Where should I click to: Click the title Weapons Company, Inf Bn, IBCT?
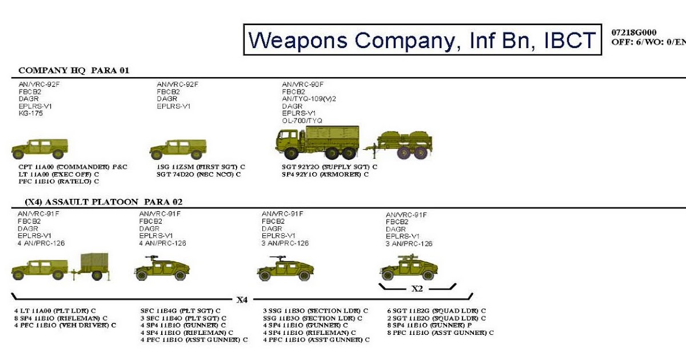(422, 40)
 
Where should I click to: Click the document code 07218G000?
(634, 33)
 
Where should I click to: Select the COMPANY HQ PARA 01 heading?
(74, 71)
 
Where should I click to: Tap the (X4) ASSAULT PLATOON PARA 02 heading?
(103, 202)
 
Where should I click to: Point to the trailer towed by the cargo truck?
(402, 145)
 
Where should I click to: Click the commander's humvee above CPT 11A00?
(39, 149)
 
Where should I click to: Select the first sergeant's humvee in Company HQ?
(178, 149)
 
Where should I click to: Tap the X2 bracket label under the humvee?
(417, 289)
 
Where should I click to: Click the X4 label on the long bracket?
(242, 299)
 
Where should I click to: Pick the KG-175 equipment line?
(31, 114)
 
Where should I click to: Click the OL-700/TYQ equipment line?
(302, 121)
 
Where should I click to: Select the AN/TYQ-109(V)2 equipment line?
(309, 99)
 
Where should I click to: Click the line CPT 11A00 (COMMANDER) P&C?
(73, 167)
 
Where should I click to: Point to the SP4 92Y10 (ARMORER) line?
(324, 174)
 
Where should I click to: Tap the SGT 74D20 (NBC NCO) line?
(198, 174)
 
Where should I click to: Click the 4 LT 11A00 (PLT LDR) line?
(54, 311)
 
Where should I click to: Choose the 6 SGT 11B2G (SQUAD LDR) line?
(436, 311)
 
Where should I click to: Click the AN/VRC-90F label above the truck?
(302, 84)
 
